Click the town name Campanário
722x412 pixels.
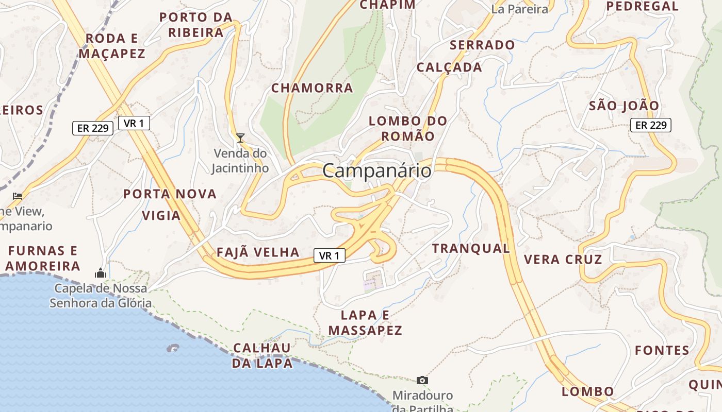pyautogui.click(x=377, y=170)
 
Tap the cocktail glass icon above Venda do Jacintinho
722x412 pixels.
pyautogui.click(x=240, y=138)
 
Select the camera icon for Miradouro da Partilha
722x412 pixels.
pyautogui.click(x=422, y=380)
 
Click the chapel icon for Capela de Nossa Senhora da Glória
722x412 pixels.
pyautogui.click(x=101, y=273)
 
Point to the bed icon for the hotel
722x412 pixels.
pyautogui.click(x=18, y=196)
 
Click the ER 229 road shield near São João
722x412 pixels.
pyautogui.click(x=650, y=125)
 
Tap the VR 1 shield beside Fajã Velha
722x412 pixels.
pyautogui.click(x=329, y=255)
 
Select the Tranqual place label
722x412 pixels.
pyautogui.click(x=471, y=248)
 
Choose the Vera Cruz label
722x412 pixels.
pyautogui.click(x=563, y=259)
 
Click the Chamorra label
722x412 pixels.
pyautogui.click(x=312, y=88)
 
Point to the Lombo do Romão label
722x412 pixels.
pyautogui.click(x=408, y=128)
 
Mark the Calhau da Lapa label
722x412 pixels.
pyautogui.click(x=262, y=355)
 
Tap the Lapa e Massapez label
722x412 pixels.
pyautogui.click(x=365, y=323)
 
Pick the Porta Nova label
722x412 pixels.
pyautogui.click(x=170, y=194)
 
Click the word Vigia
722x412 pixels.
pyautogui.click(x=161, y=216)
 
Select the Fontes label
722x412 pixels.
pyautogui.click(x=662, y=351)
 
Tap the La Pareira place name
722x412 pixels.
pyautogui.click(x=519, y=9)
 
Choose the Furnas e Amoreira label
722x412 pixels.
pyautogui.click(x=43, y=259)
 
